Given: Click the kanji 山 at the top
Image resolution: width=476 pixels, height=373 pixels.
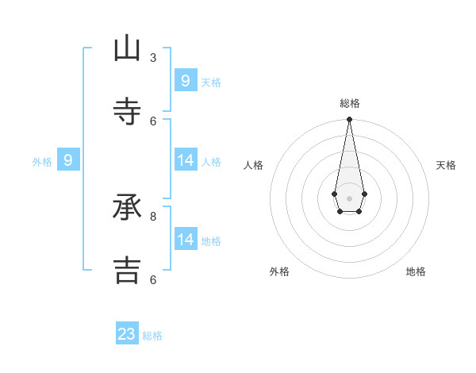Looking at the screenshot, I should pyautogui.click(x=127, y=49).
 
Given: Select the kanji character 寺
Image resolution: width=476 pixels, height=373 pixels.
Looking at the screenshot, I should pyautogui.click(x=127, y=112).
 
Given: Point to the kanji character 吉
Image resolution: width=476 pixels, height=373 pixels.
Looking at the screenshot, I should pyautogui.click(x=127, y=270).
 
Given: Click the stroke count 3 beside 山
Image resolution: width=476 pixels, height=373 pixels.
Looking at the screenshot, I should pyautogui.click(x=153, y=58).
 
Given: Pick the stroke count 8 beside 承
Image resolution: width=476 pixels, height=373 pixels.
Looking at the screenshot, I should pyautogui.click(x=153, y=216).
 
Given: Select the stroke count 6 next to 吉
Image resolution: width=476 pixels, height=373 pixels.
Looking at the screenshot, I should pyautogui.click(x=153, y=279).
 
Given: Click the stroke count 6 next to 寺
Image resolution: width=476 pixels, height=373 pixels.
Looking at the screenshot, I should pyautogui.click(x=153, y=121).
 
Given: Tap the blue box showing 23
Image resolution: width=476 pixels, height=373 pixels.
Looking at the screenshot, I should pyautogui.click(x=127, y=334).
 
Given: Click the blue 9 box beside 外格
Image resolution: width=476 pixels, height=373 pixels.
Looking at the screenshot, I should pyautogui.click(x=68, y=160).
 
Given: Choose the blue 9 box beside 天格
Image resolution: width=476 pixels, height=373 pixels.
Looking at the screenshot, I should pyautogui.click(x=186, y=81).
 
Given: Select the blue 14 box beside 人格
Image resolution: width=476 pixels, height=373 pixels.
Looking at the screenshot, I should pyautogui.click(x=186, y=160).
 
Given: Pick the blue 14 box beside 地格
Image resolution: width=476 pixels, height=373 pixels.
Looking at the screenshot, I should pyautogui.click(x=186, y=240).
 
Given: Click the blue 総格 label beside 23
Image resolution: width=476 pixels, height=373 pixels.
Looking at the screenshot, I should pyautogui.click(x=152, y=336).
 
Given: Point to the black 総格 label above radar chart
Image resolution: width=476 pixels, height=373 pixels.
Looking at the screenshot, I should pyautogui.click(x=350, y=103).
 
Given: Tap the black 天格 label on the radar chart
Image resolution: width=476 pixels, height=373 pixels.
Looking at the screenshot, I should pyautogui.click(x=447, y=165).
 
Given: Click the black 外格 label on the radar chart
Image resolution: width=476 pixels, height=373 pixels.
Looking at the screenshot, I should pyautogui.click(x=279, y=271).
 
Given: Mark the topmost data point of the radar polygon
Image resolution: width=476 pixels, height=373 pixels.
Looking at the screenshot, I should pyautogui.click(x=349, y=119).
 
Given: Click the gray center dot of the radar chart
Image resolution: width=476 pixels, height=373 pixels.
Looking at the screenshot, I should pyautogui.click(x=349, y=198).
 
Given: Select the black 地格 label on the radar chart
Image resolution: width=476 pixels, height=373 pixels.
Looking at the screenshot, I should pyautogui.click(x=416, y=271).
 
